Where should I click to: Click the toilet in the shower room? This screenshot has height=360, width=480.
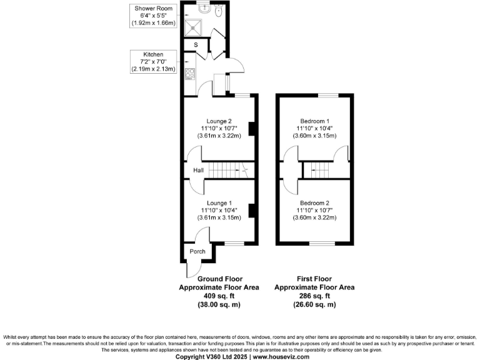(x=218, y=10)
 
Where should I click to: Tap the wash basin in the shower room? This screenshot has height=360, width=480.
(x=204, y=9)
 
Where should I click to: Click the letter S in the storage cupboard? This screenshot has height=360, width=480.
(x=195, y=45)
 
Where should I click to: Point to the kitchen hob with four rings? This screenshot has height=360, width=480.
(x=190, y=72)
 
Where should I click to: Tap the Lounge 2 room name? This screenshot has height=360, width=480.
(x=219, y=121)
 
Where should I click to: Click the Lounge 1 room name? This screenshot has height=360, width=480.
(x=219, y=202)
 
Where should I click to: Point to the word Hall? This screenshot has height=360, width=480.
(x=198, y=170)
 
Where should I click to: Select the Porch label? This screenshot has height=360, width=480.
(x=197, y=252)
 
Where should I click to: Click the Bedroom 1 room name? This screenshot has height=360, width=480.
(x=314, y=121)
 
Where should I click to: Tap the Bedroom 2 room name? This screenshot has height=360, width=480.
(x=314, y=202)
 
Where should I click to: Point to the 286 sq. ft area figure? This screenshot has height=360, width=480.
(x=314, y=296)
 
